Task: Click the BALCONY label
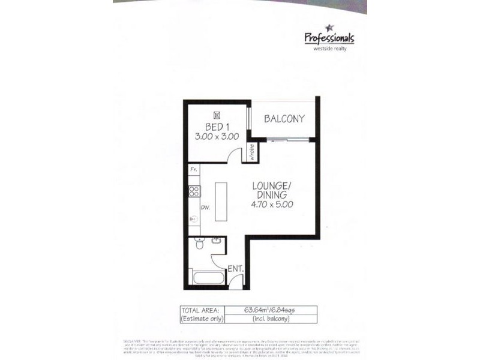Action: coord(284,119)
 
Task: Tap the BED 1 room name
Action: coord(217,127)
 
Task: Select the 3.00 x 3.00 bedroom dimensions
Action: coord(217,136)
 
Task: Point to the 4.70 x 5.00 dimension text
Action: coord(272,203)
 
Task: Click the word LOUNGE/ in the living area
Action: coord(272,185)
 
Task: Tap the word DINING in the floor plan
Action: coord(272,194)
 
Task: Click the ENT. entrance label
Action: coord(235,269)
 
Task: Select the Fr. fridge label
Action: coord(193,170)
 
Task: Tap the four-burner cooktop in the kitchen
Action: coord(194,191)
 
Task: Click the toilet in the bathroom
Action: coord(200,244)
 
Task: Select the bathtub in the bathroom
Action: coord(208,279)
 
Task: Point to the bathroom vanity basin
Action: coord(217,241)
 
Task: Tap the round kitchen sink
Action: coord(193,218)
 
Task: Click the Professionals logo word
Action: coord(329,38)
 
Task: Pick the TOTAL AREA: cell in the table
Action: coord(200,310)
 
